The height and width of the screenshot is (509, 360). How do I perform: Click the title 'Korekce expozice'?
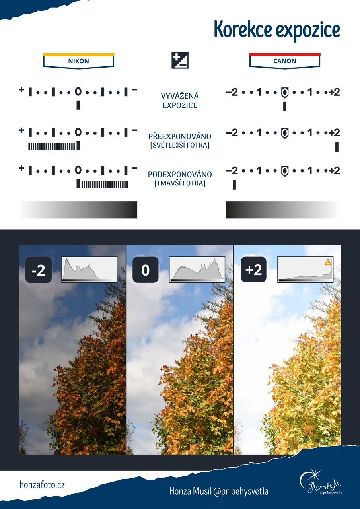click(x=277, y=31)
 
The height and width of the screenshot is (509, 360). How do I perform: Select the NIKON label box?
click(x=78, y=61)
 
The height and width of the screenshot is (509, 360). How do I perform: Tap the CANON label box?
click(x=285, y=61)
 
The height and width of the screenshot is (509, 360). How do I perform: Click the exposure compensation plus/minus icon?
click(x=180, y=60)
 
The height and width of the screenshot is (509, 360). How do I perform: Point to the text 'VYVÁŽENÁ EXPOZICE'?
click(x=180, y=101)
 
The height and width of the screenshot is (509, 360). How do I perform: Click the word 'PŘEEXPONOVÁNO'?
click(x=180, y=136)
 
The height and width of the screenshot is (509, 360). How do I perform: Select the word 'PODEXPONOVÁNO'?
click(x=180, y=174)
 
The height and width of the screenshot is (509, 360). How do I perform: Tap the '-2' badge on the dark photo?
click(x=39, y=270)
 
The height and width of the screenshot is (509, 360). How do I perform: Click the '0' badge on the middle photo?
click(x=146, y=270)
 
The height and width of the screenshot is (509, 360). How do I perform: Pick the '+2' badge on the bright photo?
click(x=253, y=270)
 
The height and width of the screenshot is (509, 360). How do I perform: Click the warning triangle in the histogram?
click(x=328, y=262)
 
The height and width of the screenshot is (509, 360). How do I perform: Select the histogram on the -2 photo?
click(x=89, y=270)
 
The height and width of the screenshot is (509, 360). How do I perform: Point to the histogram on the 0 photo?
click(x=197, y=270)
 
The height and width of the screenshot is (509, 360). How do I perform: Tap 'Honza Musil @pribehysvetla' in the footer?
click(x=219, y=491)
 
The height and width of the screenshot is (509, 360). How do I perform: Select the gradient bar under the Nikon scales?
click(x=78, y=210)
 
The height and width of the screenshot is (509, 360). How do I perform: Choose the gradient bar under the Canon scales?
click(x=283, y=210)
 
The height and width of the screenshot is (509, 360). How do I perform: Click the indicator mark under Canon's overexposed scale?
click(x=337, y=147)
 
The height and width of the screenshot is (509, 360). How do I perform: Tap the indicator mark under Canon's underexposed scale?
click(x=234, y=185)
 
